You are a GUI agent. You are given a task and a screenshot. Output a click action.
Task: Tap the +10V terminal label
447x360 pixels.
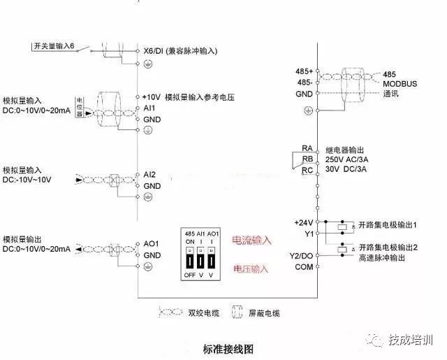152,97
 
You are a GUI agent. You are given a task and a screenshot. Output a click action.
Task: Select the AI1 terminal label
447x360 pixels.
149,109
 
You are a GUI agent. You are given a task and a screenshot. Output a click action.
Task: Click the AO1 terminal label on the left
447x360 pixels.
151,243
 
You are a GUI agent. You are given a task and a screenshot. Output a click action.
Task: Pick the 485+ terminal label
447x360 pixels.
305,72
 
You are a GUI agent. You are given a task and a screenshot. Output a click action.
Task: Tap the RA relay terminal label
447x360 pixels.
307,148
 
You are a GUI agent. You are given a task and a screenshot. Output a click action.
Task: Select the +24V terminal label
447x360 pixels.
303,222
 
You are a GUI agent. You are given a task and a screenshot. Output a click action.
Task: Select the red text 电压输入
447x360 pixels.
251,268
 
